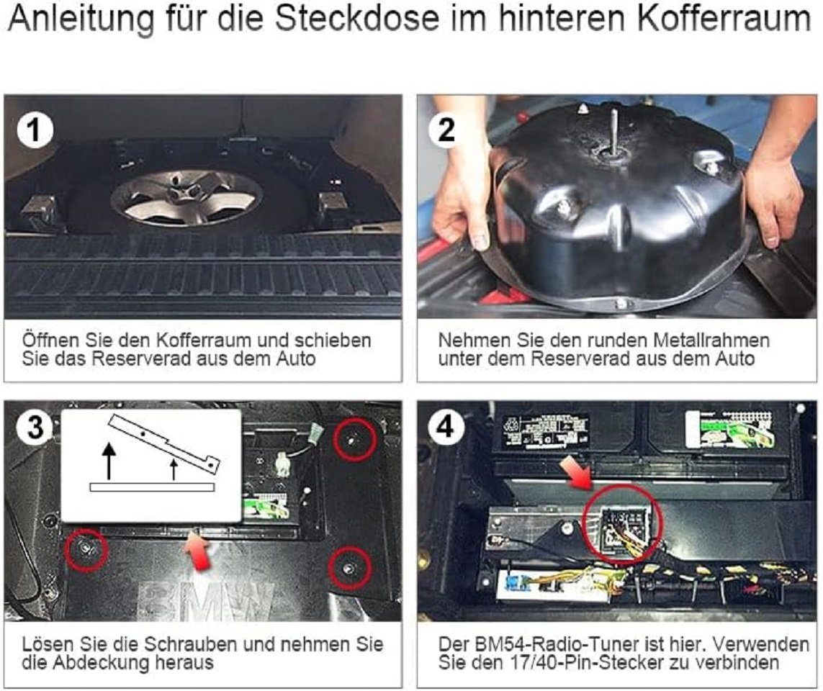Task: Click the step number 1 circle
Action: tap(35, 130)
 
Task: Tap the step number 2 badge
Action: tap(446, 130)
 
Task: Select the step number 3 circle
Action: tap(35, 428)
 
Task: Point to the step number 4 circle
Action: tap(446, 426)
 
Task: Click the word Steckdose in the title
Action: tap(357, 19)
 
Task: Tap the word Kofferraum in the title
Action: tap(725, 19)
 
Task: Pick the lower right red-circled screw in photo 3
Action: tap(349, 569)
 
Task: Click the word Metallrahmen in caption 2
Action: tap(711, 340)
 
